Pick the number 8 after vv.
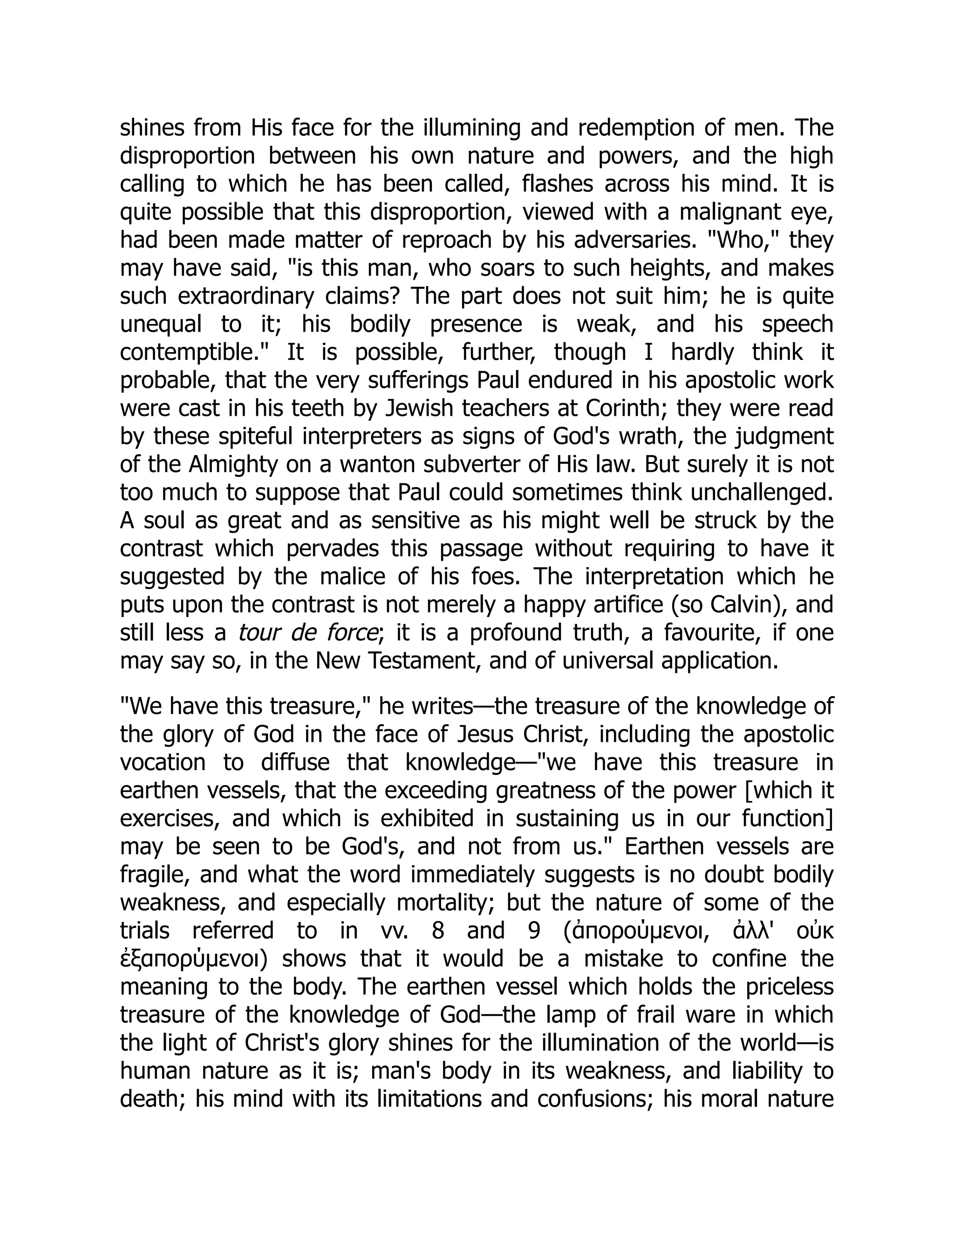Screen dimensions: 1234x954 tap(438, 930)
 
